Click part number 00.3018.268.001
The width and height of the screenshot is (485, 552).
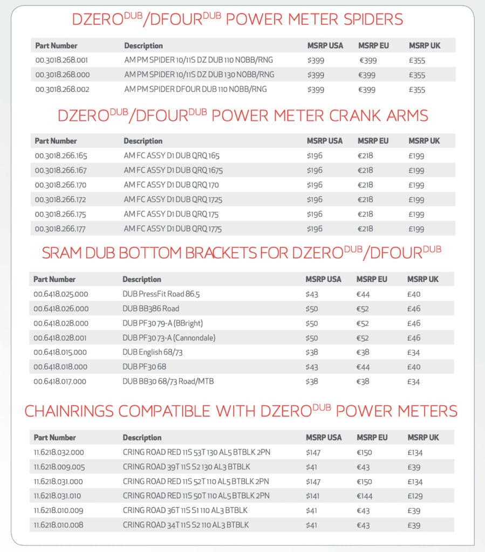pos(62,60)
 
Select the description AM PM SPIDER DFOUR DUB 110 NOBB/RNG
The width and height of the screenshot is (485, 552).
pos(195,89)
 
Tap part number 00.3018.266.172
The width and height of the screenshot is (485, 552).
pos(60,199)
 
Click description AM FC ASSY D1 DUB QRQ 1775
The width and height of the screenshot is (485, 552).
pos(173,229)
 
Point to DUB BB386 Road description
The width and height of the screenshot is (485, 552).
pos(151,309)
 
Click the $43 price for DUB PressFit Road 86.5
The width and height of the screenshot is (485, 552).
pos(312,294)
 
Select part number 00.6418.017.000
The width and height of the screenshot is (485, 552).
pos(60,382)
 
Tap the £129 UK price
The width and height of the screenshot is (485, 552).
pos(415,496)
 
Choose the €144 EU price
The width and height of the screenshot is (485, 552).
pos(365,496)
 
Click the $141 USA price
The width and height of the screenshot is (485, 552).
pos(313,496)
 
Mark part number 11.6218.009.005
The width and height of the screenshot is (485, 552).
pos(59,467)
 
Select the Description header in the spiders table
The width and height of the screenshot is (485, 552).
pos(143,46)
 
